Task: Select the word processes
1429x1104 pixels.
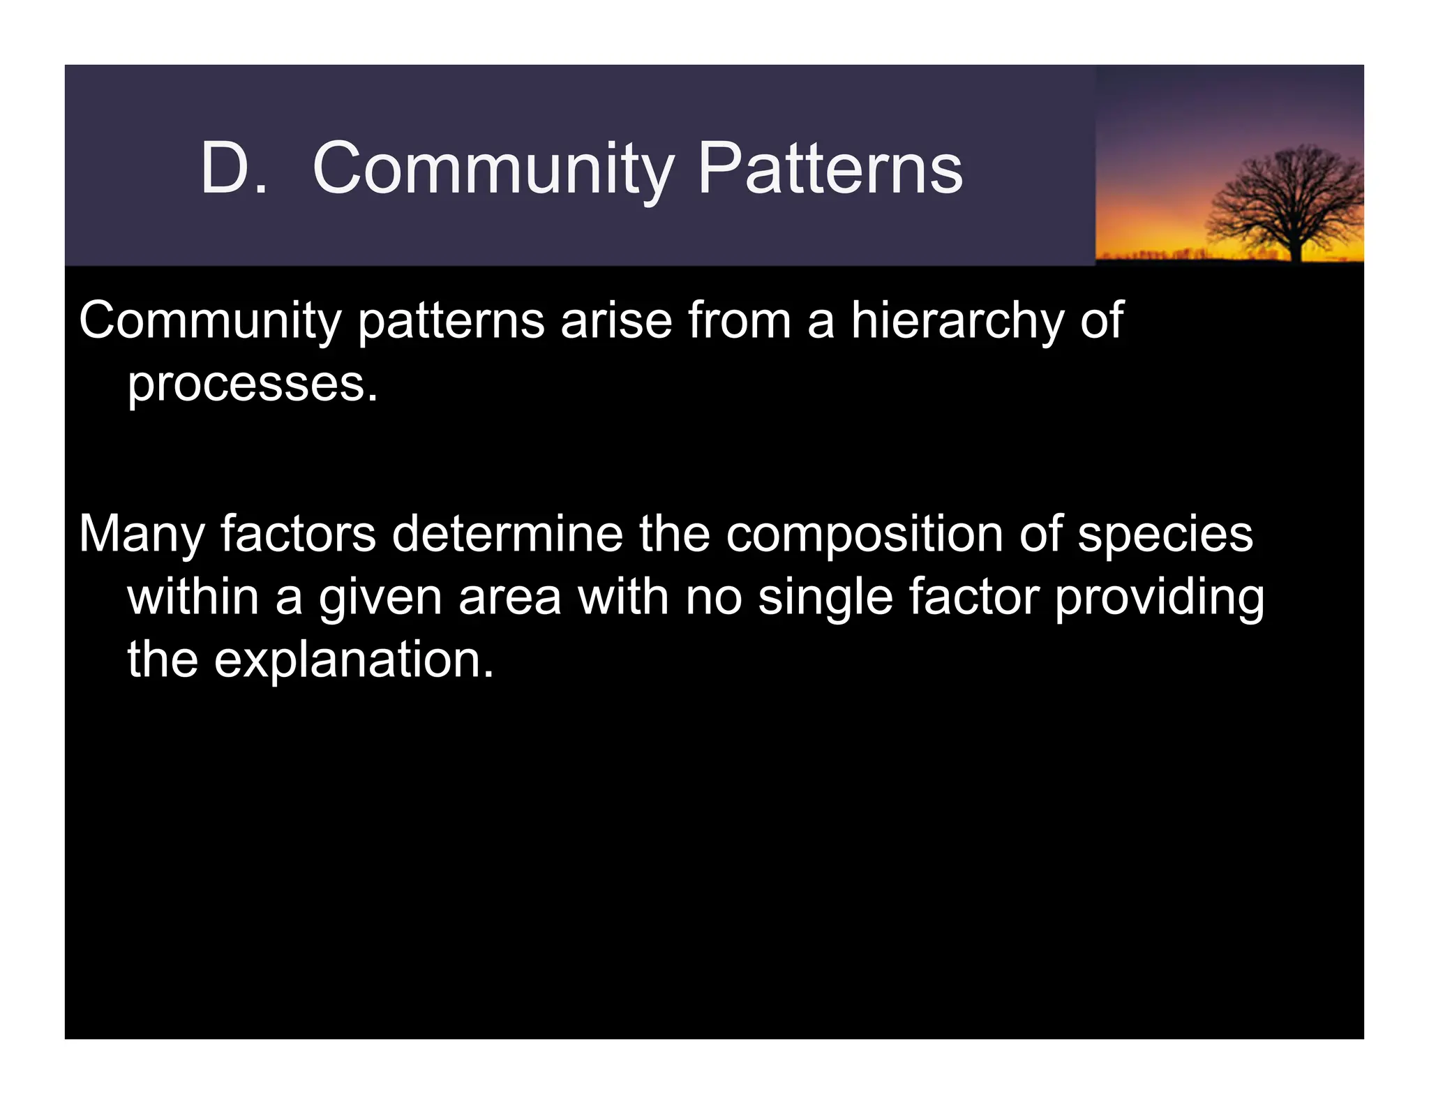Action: (252, 385)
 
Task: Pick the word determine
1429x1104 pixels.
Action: (507, 534)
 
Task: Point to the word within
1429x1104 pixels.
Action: (193, 597)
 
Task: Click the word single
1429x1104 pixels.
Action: (825, 599)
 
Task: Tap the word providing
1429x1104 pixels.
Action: (1159, 599)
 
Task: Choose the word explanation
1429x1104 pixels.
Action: (354, 660)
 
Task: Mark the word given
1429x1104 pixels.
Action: (380, 599)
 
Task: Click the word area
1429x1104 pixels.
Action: (509, 599)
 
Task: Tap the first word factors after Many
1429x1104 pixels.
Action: (298, 534)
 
